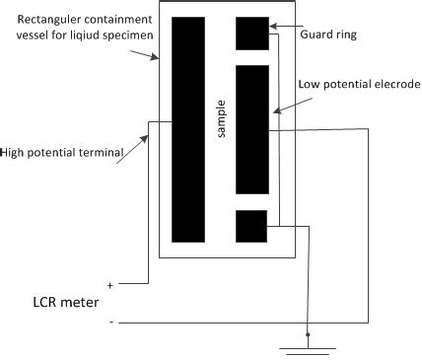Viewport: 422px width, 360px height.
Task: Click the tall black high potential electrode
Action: tap(187, 129)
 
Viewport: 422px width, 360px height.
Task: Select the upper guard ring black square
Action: tap(252, 34)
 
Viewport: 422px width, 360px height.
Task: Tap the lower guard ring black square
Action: tap(252, 226)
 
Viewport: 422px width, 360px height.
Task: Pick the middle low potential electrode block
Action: tap(252, 129)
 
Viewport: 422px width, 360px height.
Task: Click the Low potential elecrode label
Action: tap(359, 85)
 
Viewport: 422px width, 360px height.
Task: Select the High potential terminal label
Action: tap(61, 152)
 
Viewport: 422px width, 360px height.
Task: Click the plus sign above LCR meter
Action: tap(109, 282)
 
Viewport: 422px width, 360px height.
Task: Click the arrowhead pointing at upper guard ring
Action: tap(274, 28)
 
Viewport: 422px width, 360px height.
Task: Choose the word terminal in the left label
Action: tap(99, 152)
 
